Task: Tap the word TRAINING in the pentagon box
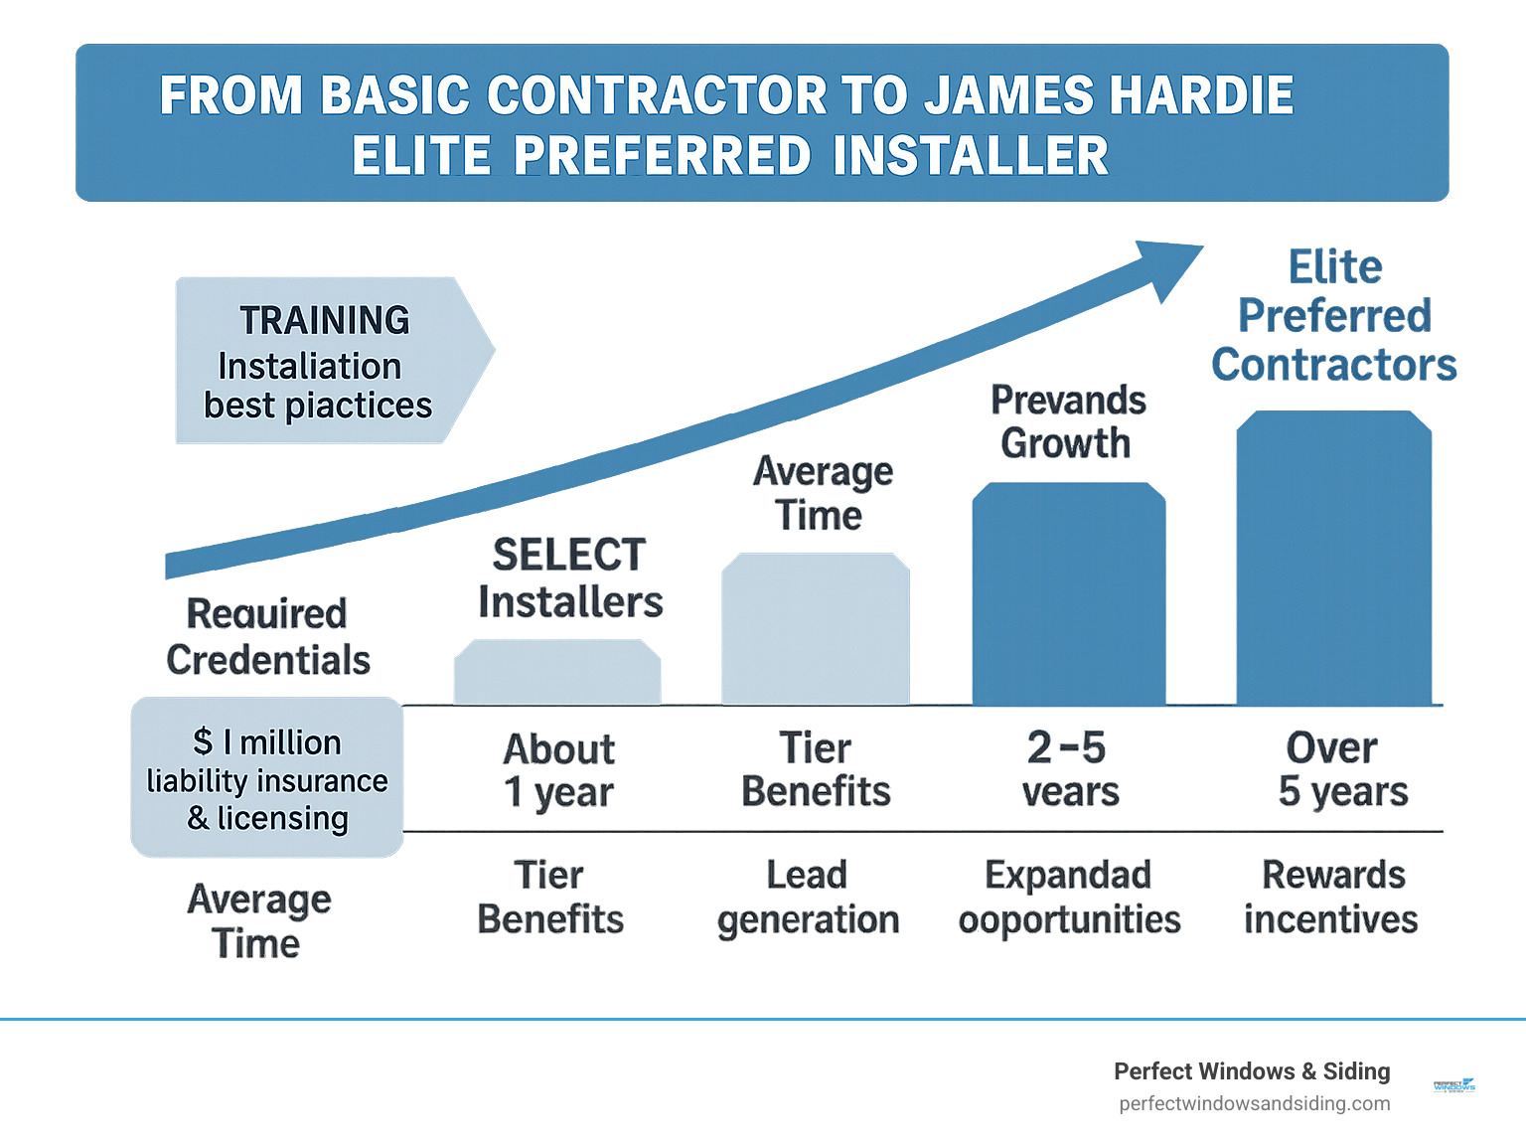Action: (325, 320)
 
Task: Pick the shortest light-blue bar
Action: (557, 673)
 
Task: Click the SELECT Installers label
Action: (570, 578)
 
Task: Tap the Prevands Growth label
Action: (1068, 421)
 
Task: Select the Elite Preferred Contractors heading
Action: (1334, 316)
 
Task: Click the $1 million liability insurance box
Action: (267, 778)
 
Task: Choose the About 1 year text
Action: (558, 770)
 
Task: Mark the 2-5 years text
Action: (1069, 769)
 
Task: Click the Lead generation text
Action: (808, 898)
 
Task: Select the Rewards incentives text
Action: (1331, 898)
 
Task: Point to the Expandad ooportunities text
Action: (1069, 898)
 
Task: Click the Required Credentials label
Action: (267, 636)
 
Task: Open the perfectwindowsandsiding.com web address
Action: (1254, 1103)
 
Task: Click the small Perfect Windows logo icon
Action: (1453, 1086)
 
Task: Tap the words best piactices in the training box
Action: (318, 406)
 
